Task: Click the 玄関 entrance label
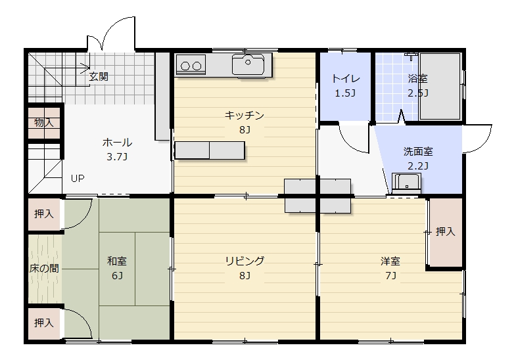click(99, 76)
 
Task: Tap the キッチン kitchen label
click(244, 116)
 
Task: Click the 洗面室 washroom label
click(417, 151)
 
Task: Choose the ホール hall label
click(117, 143)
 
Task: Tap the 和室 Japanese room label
click(117, 261)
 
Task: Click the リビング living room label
click(244, 261)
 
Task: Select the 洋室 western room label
click(390, 261)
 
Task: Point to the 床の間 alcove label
click(44, 268)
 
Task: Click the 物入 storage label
click(44, 123)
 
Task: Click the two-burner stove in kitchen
click(191, 65)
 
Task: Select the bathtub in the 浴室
click(440, 86)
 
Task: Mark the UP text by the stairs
click(78, 178)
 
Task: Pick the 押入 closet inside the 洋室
click(445, 231)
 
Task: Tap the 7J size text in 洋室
click(390, 275)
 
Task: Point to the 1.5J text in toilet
click(345, 93)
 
